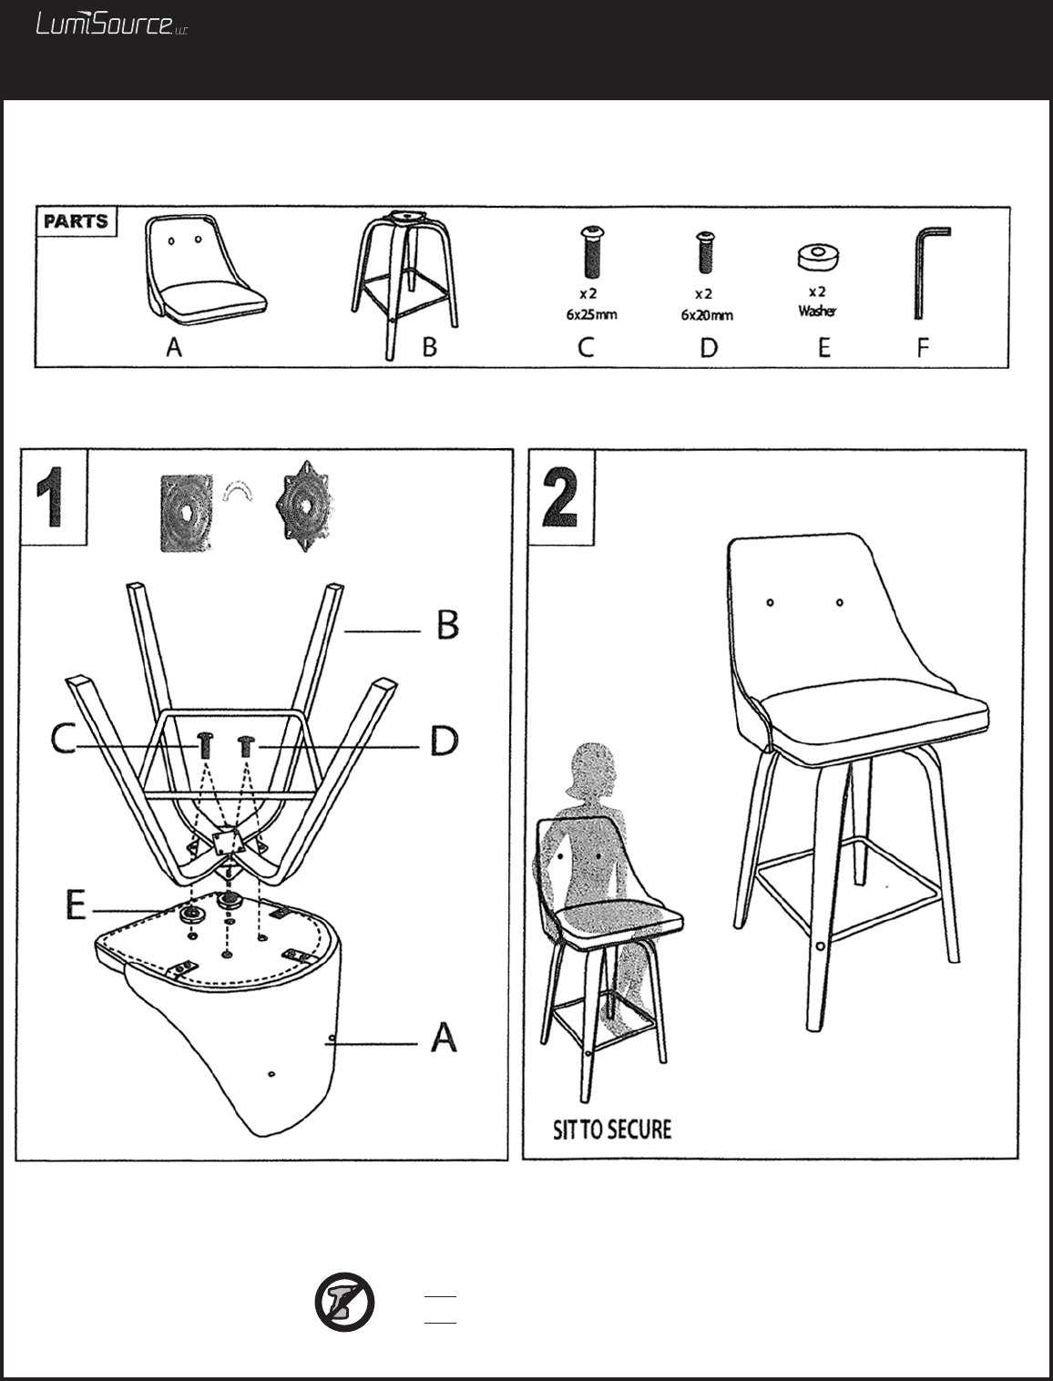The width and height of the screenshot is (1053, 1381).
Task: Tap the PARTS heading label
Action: coord(77,221)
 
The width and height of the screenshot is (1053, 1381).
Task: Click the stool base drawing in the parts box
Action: coord(404,285)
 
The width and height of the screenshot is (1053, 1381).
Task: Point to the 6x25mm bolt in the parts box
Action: coord(591,252)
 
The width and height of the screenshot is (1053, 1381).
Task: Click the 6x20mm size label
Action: coord(707,315)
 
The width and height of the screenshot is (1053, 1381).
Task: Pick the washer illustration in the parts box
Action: coord(818,257)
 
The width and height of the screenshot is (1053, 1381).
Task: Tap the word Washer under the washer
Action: coord(818,311)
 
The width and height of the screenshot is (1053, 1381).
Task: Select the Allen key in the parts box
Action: coord(930,273)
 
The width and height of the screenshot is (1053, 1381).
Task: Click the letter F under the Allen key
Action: coord(923,347)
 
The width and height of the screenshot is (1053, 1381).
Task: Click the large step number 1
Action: coord(50,497)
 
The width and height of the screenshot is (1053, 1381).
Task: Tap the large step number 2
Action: coord(559,497)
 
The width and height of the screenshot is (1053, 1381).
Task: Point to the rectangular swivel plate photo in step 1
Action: coord(186,513)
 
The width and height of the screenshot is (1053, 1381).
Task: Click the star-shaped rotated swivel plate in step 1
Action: coord(305,506)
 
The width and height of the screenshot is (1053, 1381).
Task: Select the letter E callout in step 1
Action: coord(76,906)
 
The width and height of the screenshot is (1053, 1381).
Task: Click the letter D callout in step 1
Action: coord(445,741)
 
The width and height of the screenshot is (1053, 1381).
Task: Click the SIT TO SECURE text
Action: coord(612,1130)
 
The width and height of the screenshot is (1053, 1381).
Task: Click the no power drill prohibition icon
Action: coord(344,1303)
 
